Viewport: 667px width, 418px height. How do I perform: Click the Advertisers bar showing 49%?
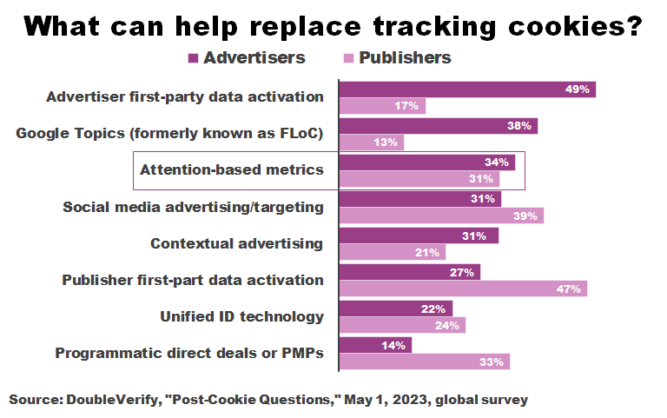(466, 89)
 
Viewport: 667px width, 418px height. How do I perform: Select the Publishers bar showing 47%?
(462, 289)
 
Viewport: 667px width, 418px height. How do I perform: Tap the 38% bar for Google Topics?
(438, 125)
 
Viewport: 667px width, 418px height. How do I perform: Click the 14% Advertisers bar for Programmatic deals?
(375, 345)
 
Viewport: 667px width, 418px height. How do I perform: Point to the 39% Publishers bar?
(440, 215)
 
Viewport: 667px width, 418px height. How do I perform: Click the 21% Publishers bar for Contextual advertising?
(392, 252)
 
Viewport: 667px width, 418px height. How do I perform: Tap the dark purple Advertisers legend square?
(194, 59)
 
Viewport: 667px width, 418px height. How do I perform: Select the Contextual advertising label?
(237, 243)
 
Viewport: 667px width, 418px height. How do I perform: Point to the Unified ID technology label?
(241, 316)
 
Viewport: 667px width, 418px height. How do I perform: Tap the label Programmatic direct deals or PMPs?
(189, 353)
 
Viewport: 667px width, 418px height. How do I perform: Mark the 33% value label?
(492, 362)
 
